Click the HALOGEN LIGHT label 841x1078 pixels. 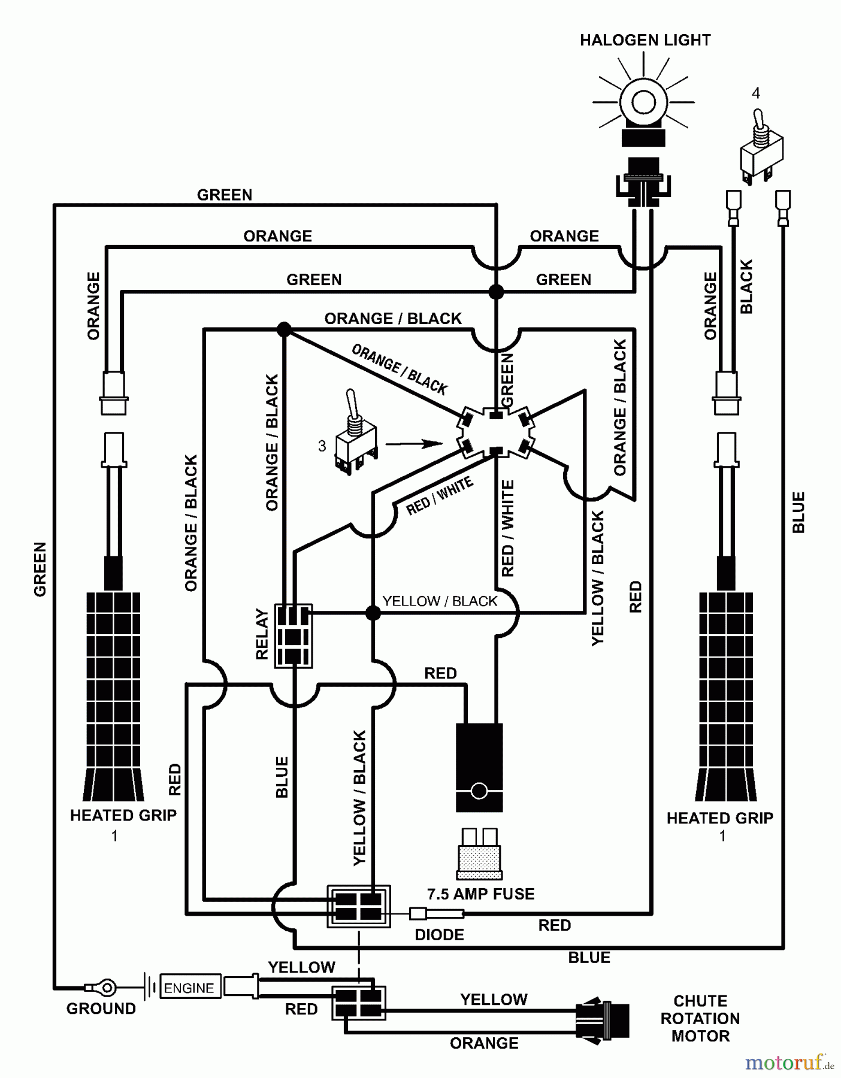(645, 40)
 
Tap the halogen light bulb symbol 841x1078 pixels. (643, 102)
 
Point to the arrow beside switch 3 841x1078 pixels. (413, 444)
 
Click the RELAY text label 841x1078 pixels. (262, 634)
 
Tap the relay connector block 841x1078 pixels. (293, 635)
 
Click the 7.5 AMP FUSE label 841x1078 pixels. (480, 894)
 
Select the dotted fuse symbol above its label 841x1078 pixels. (479, 853)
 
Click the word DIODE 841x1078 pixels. (439, 935)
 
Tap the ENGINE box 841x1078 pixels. (189, 988)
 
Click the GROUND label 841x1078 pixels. (101, 1009)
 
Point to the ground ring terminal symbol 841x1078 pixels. (105, 987)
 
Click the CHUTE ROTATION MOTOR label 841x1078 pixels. (700, 1018)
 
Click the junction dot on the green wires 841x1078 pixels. (496, 292)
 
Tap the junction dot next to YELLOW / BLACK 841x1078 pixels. (373, 613)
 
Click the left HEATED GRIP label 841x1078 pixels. (123, 815)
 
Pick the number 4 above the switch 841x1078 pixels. (756, 93)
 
